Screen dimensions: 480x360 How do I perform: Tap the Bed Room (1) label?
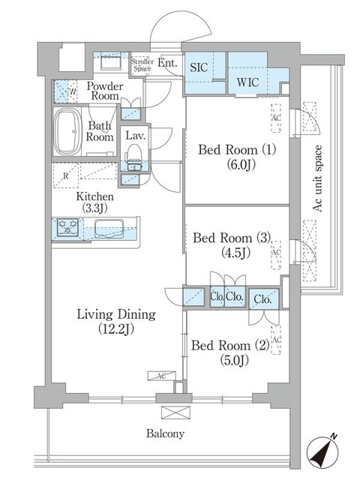(x=237, y=157)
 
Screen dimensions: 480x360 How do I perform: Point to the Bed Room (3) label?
(x=231, y=245)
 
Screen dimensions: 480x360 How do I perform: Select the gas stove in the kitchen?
(x=68, y=226)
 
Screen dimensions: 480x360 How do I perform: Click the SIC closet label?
(x=199, y=66)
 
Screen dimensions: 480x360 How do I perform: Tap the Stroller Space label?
(x=142, y=65)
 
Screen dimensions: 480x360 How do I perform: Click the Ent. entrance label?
(x=168, y=63)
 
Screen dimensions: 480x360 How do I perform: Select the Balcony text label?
(x=166, y=433)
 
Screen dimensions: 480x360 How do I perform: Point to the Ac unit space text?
(x=318, y=178)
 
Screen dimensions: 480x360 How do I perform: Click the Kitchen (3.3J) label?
(x=94, y=203)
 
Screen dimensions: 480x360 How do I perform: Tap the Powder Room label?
(x=104, y=91)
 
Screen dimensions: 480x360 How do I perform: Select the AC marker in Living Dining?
(x=161, y=375)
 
